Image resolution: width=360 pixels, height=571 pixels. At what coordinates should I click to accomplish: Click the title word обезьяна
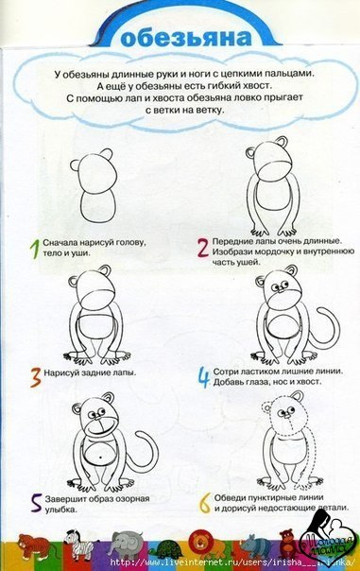(x=185, y=37)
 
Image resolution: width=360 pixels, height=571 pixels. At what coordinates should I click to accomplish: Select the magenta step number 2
(x=203, y=248)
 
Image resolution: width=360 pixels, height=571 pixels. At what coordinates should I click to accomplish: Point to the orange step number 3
(x=35, y=377)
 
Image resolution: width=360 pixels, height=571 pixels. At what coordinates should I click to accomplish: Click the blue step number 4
(x=204, y=377)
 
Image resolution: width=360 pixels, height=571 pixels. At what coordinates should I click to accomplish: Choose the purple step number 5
(x=36, y=504)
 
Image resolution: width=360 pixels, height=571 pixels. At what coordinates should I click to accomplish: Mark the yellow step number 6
(x=205, y=503)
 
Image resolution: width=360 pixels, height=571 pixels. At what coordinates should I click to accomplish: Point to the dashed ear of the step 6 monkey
(x=266, y=407)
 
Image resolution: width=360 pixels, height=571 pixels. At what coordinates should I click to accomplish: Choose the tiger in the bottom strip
(x=35, y=545)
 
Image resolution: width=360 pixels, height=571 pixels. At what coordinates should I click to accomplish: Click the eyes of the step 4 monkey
(x=281, y=285)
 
